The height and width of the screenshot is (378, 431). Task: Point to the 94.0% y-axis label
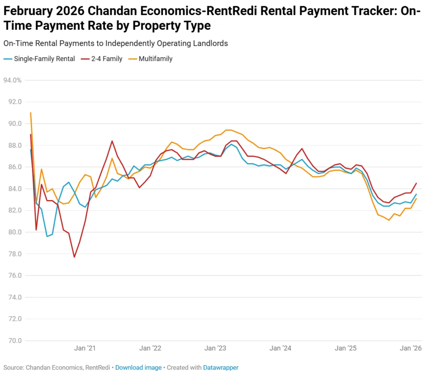(12, 80)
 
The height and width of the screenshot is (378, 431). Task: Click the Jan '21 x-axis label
(85, 348)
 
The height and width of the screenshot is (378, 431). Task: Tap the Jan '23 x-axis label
(215, 348)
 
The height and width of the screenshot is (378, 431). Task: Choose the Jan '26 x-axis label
(411, 348)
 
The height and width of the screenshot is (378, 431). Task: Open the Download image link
(138, 367)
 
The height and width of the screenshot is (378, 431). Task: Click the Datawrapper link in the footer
(221, 367)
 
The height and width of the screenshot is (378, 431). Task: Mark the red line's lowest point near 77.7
(74, 257)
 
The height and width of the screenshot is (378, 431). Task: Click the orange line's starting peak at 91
(31, 113)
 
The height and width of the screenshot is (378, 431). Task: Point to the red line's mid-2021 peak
(112, 141)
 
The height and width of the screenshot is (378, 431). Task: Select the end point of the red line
(416, 183)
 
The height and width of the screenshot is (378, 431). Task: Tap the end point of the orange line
(416, 198)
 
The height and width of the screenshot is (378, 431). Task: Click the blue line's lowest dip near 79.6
(47, 236)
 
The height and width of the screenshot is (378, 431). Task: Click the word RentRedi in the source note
(98, 367)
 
